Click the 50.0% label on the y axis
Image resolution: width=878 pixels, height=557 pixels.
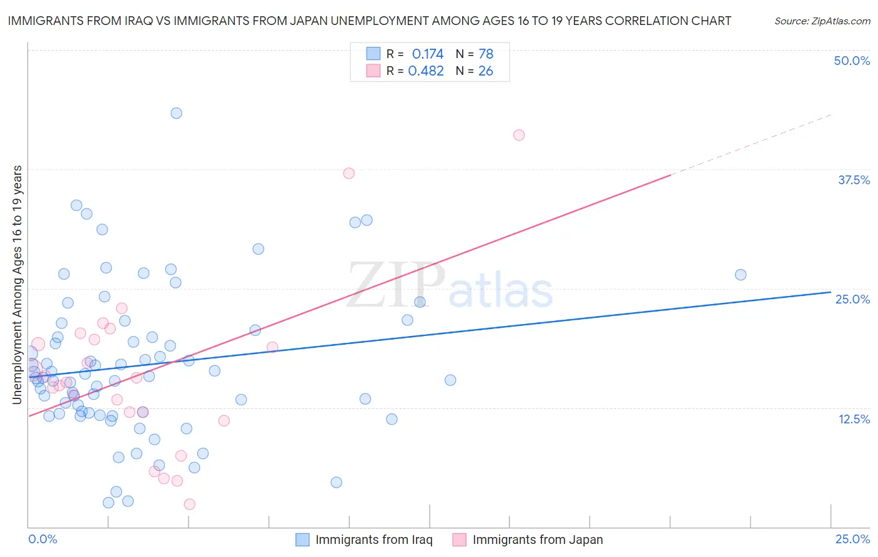(x=852, y=61)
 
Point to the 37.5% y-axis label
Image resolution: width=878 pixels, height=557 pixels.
(x=854, y=180)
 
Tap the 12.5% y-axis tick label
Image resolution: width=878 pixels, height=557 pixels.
(x=854, y=419)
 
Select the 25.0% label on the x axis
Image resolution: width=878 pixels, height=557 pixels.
(x=852, y=539)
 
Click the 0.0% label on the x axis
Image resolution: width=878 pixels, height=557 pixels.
(x=42, y=539)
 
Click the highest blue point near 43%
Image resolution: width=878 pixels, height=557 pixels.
(x=176, y=113)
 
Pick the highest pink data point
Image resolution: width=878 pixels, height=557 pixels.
(x=518, y=135)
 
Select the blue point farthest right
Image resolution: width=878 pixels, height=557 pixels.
(x=741, y=275)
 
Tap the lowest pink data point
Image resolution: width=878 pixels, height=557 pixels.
(x=189, y=504)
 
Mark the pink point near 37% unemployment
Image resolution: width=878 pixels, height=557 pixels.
(x=348, y=173)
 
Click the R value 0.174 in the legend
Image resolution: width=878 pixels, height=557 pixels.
(x=427, y=54)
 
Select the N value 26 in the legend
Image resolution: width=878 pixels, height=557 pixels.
(x=485, y=71)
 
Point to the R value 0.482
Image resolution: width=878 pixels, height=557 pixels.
(x=426, y=71)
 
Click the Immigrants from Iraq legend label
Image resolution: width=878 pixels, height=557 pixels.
(x=373, y=540)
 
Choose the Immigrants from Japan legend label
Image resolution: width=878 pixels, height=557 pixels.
(x=537, y=540)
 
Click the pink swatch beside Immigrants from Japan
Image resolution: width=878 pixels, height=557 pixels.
(x=459, y=540)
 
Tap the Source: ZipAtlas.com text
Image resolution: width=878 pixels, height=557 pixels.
(x=822, y=21)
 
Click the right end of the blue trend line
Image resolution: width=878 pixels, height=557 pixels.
(x=831, y=292)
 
